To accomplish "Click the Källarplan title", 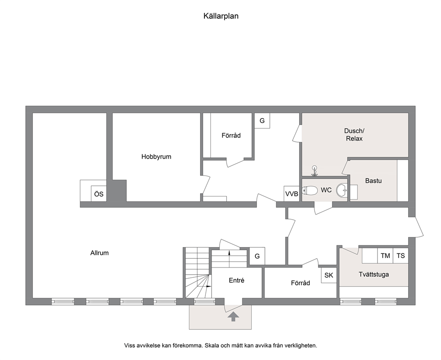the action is point(221,16).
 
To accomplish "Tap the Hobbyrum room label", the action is point(156,156).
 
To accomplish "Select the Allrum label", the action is point(99,253).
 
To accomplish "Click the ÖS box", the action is point(99,194).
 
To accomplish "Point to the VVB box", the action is point(292,194).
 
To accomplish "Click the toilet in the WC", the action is point(310,190).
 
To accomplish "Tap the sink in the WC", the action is point(342,190).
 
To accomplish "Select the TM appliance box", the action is point(385,256).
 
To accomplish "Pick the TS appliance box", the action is point(401,256).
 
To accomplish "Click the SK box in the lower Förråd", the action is point(329,275).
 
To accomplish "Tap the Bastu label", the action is point(373,181).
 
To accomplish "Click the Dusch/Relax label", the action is point(354,135).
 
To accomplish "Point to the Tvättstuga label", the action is point(374,274).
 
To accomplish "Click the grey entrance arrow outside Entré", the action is point(233,316).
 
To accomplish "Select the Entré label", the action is point(237,280).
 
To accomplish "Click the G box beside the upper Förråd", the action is point(262,120).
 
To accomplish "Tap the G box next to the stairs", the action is point(257,256).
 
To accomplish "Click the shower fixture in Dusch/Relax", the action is point(315,171).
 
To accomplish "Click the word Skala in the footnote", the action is point(212,345).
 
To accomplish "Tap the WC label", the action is point(326,190).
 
